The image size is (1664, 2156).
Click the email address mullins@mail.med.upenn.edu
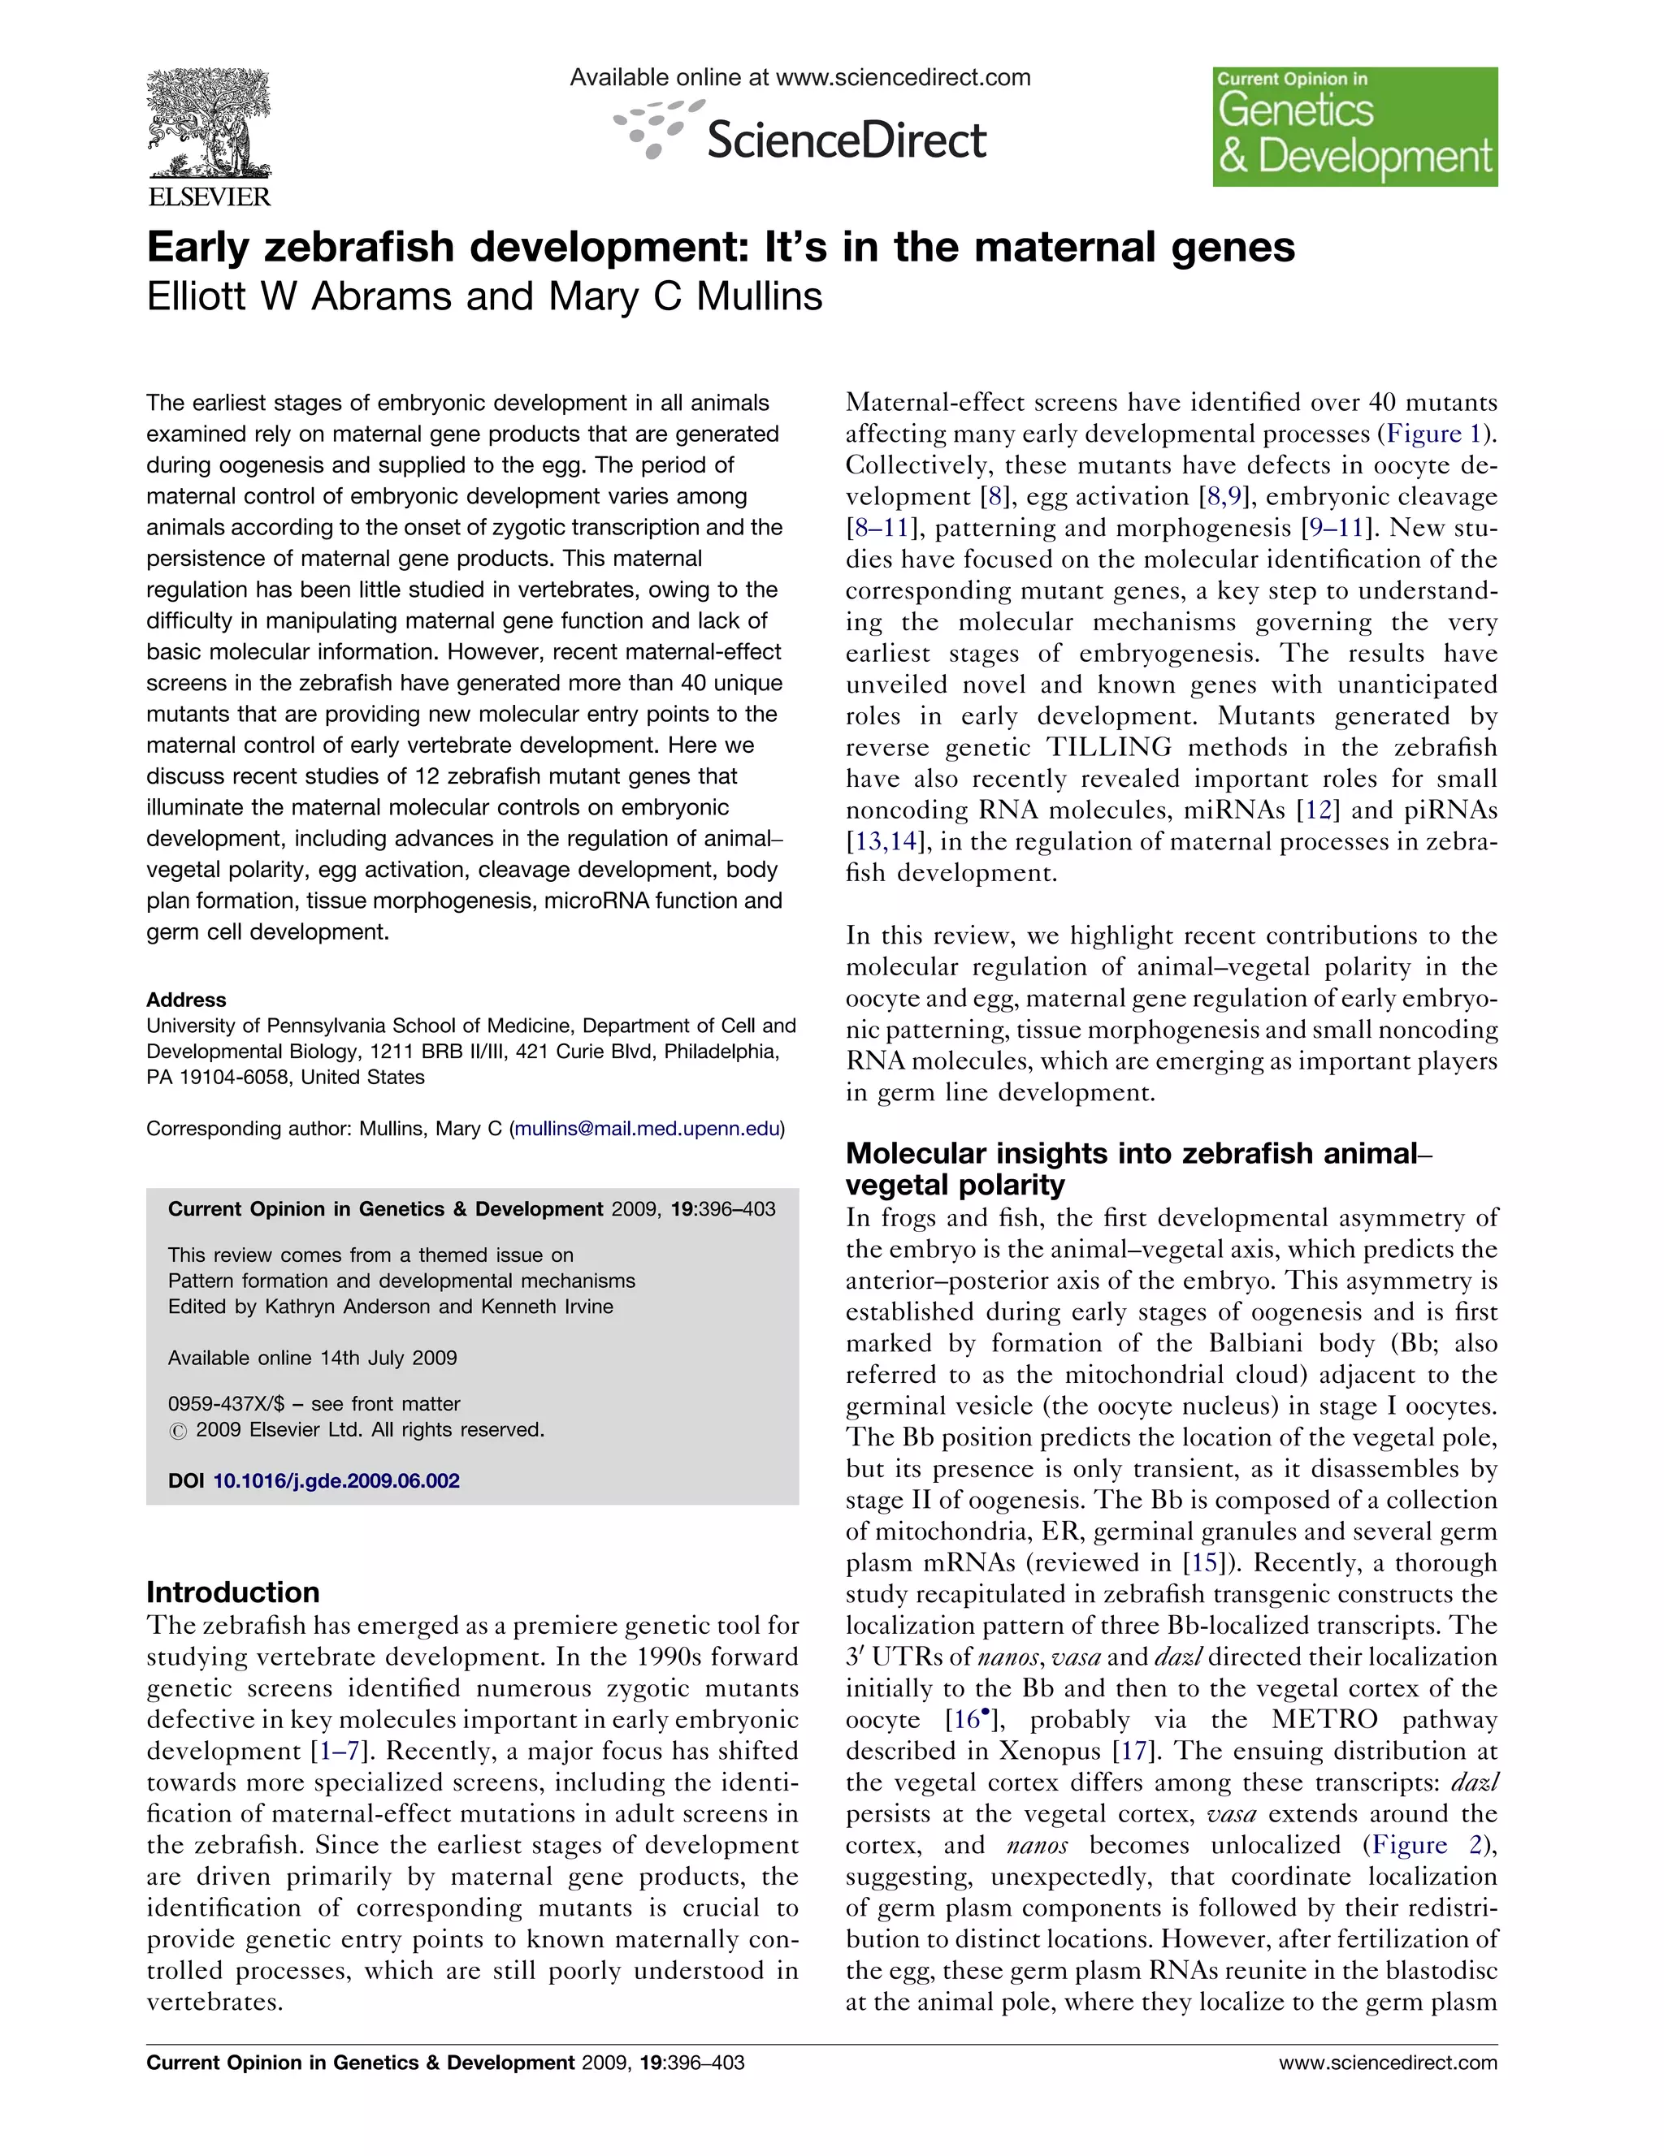tap(647, 1128)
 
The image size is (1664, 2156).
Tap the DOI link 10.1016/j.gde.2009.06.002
tap(336, 1480)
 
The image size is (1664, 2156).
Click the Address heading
tap(186, 1000)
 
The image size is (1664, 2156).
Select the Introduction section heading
tap(233, 1592)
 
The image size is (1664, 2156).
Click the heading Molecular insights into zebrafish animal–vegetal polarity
tap(1136, 1169)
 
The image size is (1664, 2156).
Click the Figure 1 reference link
tap(1439, 434)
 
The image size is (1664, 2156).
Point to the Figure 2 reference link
tap(1427, 1845)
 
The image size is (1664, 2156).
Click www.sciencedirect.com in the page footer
tap(1388, 2063)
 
